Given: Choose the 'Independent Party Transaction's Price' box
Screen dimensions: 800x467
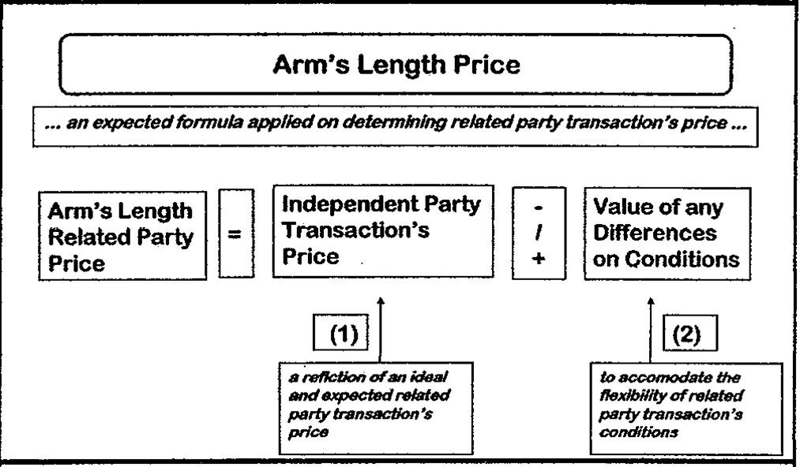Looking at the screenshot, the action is (381, 235).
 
